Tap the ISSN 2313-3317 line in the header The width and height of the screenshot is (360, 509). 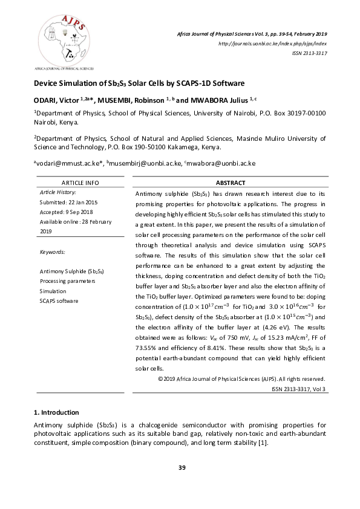pos(310,53)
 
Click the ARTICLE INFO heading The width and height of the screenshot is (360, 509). pos(80,183)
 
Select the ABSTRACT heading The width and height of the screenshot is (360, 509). pos(231,183)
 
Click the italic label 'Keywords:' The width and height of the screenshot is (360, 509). pos(51,251)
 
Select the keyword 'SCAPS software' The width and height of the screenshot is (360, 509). pos(59,300)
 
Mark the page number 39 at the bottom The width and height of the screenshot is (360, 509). pos(180,467)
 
